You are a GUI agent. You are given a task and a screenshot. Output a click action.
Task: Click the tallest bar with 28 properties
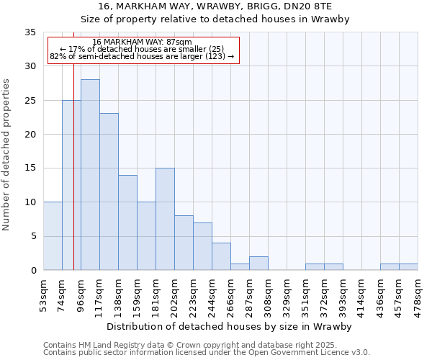[90, 174]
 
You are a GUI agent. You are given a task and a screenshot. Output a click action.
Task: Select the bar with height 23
[109, 192]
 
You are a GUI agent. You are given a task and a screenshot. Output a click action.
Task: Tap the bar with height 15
[165, 219]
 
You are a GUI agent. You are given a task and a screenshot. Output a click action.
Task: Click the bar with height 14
[127, 222]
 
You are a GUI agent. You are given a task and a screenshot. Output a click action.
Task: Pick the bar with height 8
[184, 243]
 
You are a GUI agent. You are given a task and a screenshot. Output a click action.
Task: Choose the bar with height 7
[202, 246]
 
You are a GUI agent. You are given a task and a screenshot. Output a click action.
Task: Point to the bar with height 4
[221, 256]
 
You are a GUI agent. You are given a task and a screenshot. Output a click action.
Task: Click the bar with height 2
[258, 263]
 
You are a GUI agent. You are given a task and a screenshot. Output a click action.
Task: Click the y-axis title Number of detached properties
[7, 155]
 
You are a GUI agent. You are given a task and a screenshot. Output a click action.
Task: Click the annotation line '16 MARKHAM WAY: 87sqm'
[143, 42]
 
